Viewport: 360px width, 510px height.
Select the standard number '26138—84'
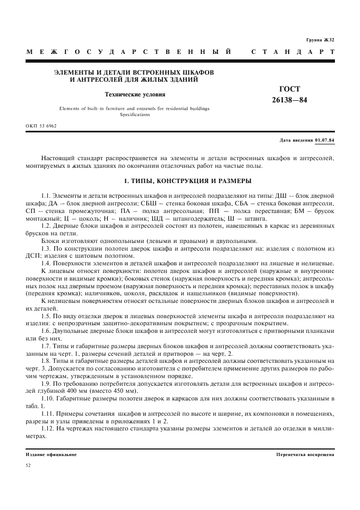[x=289, y=100]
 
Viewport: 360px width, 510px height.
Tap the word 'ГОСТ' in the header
[x=289, y=89]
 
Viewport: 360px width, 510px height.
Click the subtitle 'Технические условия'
[x=135, y=94]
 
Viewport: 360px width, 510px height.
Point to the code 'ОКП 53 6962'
[x=41, y=125]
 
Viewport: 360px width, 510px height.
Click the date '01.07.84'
[x=324, y=140]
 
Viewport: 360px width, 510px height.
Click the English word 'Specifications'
[x=135, y=114]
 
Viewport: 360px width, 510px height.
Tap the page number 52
[x=29, y=465]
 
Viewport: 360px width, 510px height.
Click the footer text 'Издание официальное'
[x=51, y=454]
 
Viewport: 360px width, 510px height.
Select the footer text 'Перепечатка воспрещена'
[x=305, y=454]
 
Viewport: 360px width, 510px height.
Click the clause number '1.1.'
[x=46, y=195]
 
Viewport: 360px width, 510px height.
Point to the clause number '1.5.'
[x=46, y=316]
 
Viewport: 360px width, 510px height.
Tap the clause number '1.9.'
[x=46, y=384]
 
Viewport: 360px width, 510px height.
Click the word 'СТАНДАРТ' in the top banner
[x=292, y=52]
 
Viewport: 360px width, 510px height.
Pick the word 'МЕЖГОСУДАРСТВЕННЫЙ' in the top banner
[x=129, y=52]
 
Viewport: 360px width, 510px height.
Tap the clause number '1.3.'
[x=46, y=248]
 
